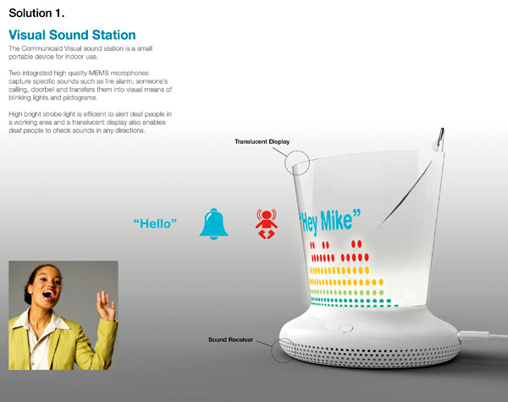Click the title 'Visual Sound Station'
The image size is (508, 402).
tap(72, 36)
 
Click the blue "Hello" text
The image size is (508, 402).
tap(155, 223)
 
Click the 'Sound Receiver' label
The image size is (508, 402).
tap(231, 340)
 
